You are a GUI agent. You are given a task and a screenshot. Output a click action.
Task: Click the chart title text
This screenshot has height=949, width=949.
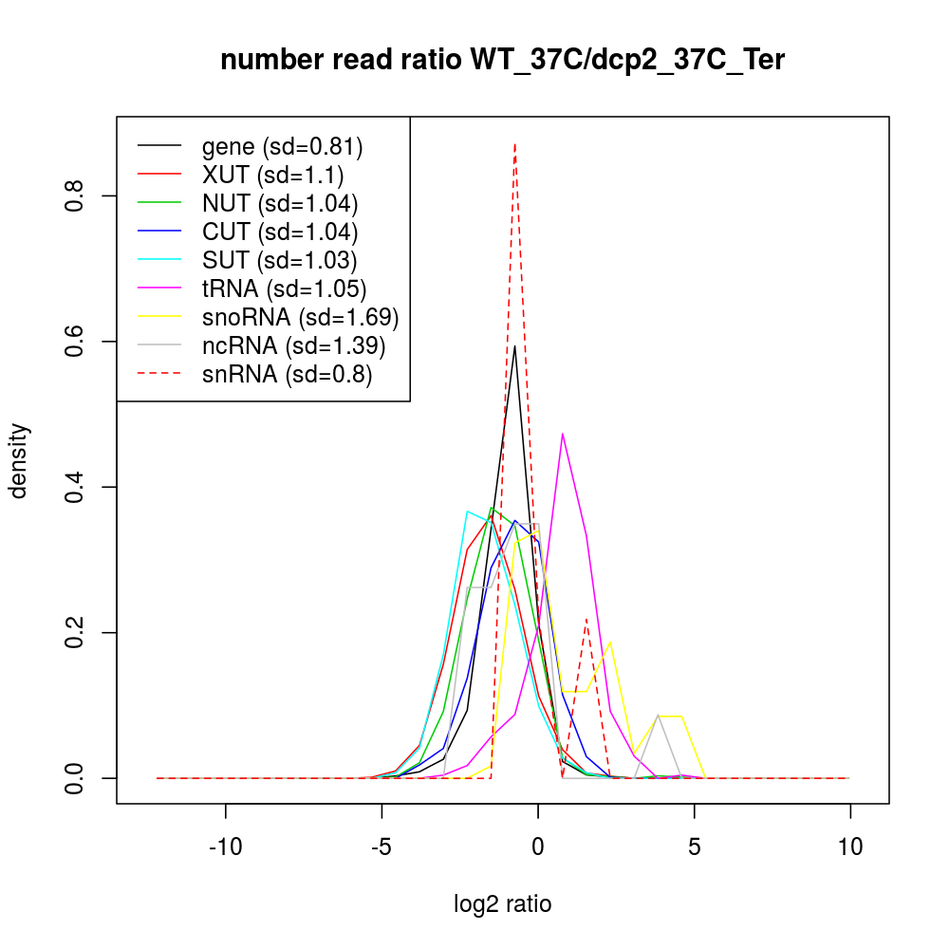(502, 61)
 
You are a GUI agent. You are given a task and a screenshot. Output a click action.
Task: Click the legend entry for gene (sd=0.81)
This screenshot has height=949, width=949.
(282, 146)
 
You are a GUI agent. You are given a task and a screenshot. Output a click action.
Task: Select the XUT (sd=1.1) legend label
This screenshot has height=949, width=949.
(272, 175)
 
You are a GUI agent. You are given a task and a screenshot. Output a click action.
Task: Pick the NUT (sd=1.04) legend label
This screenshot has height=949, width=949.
(280, 203)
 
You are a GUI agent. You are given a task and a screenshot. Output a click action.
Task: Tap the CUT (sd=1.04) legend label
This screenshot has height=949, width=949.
(280, 232)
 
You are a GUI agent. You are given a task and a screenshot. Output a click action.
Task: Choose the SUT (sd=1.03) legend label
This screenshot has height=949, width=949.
(280, 260)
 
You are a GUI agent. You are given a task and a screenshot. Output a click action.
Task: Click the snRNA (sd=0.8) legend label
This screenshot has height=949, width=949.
(287, 374)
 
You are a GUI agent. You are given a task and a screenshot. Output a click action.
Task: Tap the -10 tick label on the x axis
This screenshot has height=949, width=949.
(226, 847)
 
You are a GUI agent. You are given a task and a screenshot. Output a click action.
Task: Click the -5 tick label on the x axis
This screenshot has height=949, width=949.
(381, 847)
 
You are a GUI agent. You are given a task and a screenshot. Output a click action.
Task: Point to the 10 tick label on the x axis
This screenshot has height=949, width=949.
(850, 847)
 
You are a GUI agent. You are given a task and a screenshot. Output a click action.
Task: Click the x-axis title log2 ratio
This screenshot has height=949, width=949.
(502, 903)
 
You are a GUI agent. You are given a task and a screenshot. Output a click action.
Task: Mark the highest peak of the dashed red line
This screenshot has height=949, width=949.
(514, 144)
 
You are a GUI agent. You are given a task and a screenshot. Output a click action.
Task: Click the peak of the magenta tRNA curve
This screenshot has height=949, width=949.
(563, 434)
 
